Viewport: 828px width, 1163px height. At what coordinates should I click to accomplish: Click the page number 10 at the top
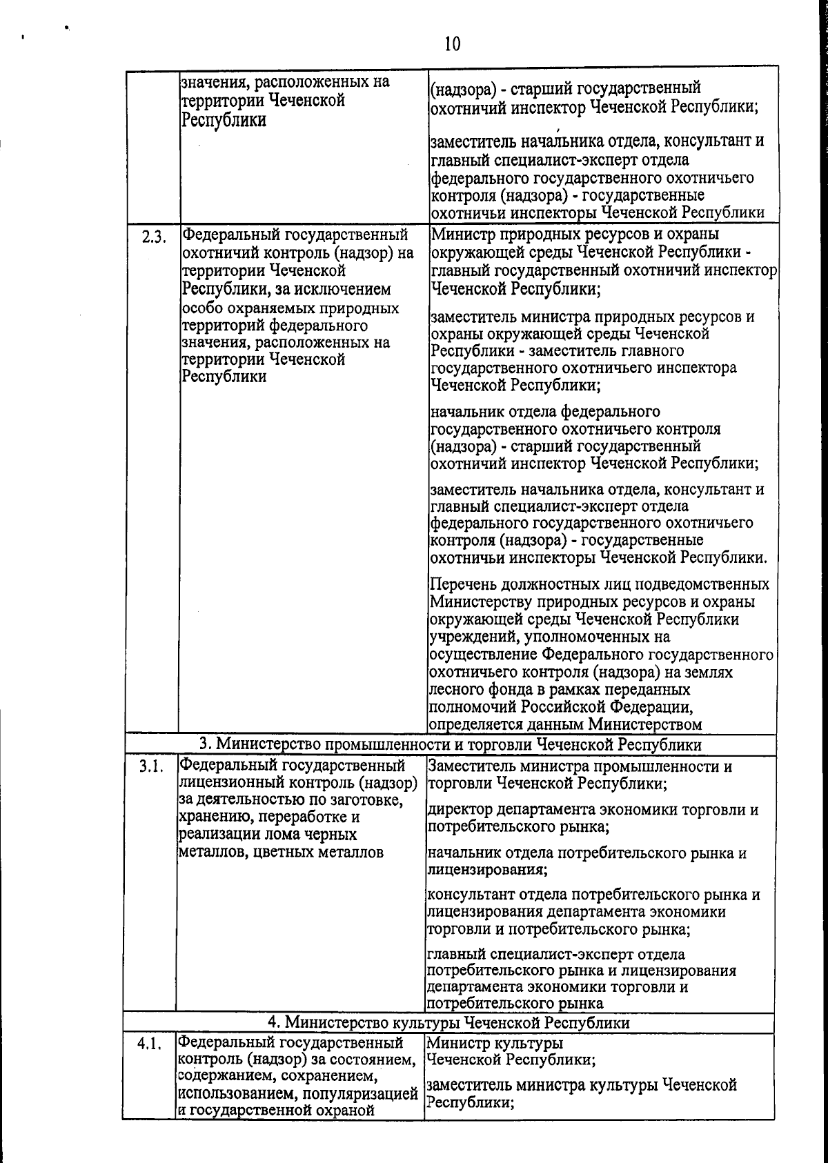(x=452, y=44)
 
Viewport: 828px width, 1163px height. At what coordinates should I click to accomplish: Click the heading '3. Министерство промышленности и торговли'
(x=450, y=745)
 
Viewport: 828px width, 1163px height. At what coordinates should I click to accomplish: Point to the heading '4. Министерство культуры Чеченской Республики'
(x=448, y=1022)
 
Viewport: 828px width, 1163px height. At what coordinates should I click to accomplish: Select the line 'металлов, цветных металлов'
(x=281, y=852)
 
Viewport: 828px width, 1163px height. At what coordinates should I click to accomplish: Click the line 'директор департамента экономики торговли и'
(x=593, y=809)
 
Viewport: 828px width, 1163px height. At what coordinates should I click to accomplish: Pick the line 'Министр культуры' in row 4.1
(x=495, y=1043)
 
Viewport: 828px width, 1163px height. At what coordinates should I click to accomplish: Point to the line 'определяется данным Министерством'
(x=565, y=724)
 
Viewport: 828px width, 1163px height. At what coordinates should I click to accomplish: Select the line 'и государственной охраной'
(x=276, y=1110)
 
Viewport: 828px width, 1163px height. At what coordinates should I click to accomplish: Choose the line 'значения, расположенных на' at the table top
(x=285, y=83)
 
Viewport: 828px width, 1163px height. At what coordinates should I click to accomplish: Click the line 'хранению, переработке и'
(x=269, y=817)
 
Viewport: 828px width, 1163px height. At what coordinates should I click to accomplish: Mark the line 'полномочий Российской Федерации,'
(x=561, y=707)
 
